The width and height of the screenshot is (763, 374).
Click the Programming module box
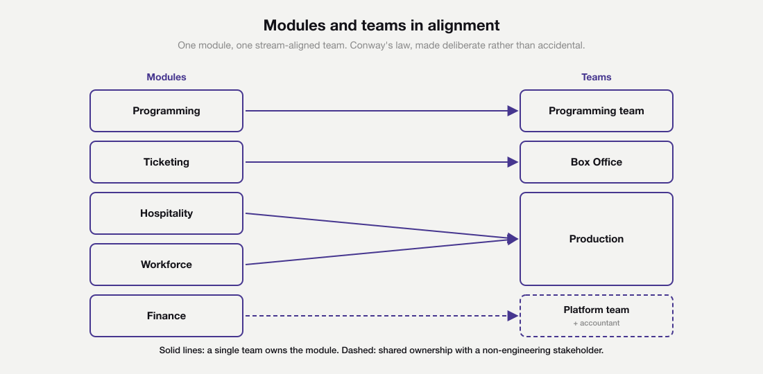pos(166,111)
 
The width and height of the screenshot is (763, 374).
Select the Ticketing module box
pos(166,162)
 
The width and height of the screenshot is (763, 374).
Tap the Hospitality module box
pos(166,213)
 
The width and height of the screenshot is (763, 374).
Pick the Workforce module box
pos(166,265)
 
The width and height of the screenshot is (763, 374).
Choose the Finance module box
pos(166,316)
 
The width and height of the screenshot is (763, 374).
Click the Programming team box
pos(597,111)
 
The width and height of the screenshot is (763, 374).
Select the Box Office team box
pos(597,162)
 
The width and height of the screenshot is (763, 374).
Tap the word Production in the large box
pos(597,239)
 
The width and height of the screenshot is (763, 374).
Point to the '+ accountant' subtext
pos(597,323)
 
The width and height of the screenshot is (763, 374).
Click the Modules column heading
pos(166,77)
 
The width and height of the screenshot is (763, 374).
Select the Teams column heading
pos(597,77)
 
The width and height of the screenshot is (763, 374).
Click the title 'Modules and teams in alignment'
pos(381,26)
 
